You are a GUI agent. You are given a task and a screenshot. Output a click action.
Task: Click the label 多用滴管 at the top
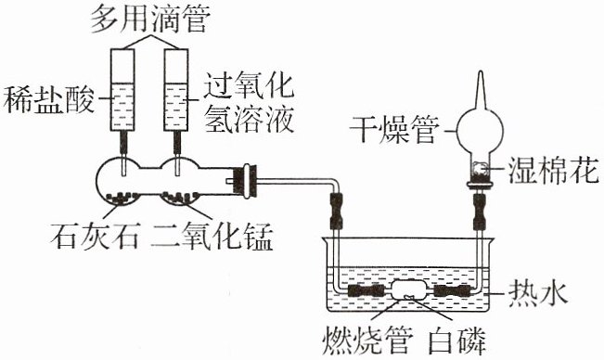coord(150,18)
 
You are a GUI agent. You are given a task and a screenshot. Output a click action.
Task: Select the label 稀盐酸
coord(49,99)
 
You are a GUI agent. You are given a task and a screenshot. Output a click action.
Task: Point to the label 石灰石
coord(95,235)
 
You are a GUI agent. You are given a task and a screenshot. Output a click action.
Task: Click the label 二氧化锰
coord(212,236)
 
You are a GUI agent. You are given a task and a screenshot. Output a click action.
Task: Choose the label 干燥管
coord(394,129)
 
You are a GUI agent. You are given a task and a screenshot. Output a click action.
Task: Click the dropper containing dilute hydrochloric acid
coord(122,101)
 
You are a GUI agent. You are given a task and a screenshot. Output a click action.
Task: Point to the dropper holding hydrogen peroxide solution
coord(176,101)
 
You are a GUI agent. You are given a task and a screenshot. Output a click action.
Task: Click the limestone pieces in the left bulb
coord(122,198)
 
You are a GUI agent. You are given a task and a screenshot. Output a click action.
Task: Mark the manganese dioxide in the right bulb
coord(179,197)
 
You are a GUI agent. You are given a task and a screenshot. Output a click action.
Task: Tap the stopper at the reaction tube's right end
coord(246,181)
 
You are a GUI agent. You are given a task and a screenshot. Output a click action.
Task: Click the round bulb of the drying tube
coord(480,130)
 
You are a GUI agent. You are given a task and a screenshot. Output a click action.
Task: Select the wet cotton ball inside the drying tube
coord(479,170)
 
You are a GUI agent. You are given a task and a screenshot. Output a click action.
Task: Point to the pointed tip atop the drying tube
coord(480,71)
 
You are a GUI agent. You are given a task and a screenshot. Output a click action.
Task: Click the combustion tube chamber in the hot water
coord(408,290)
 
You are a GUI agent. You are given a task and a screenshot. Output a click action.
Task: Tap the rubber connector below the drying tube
coord(479,212)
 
